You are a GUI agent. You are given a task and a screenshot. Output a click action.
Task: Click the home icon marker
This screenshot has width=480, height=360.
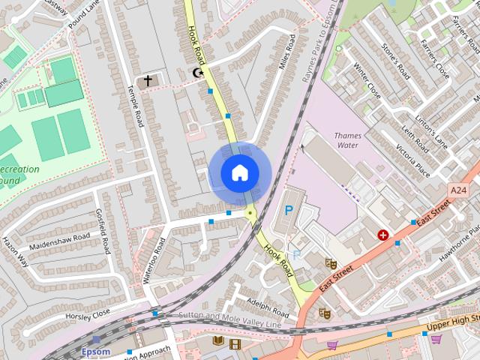(x=239, y=173)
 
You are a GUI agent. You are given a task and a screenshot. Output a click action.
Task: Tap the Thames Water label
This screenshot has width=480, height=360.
(x=347, y=141)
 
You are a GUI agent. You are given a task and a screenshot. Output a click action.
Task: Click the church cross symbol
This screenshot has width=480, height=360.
(x=148, y=80)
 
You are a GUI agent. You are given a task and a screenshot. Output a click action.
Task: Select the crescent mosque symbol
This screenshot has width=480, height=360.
(x=198, y=73)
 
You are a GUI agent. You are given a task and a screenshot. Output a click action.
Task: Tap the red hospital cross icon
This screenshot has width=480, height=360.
(x=383, y=235)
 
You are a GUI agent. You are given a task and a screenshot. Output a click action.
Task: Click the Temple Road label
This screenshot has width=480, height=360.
(x=136, y=105)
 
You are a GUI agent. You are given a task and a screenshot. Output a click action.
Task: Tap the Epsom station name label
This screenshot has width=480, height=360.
(x=95, y=351)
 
